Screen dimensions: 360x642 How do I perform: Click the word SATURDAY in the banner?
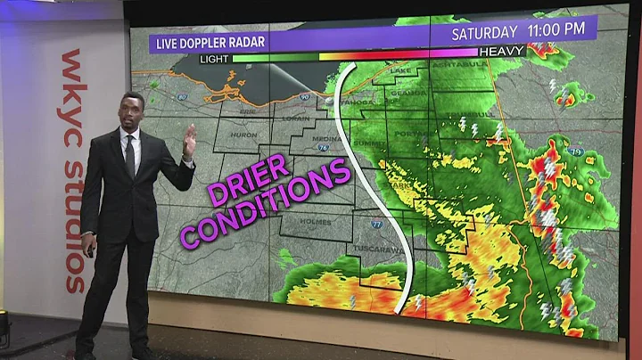click(x=484, y=32)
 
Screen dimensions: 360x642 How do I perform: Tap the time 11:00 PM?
click(x=556, y=30)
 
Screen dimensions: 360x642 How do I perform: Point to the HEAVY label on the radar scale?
click(x=502, y=52)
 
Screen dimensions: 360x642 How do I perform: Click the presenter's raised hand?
click(x=189, y=140)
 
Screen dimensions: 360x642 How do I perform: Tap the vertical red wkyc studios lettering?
click(x=73, y=169)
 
